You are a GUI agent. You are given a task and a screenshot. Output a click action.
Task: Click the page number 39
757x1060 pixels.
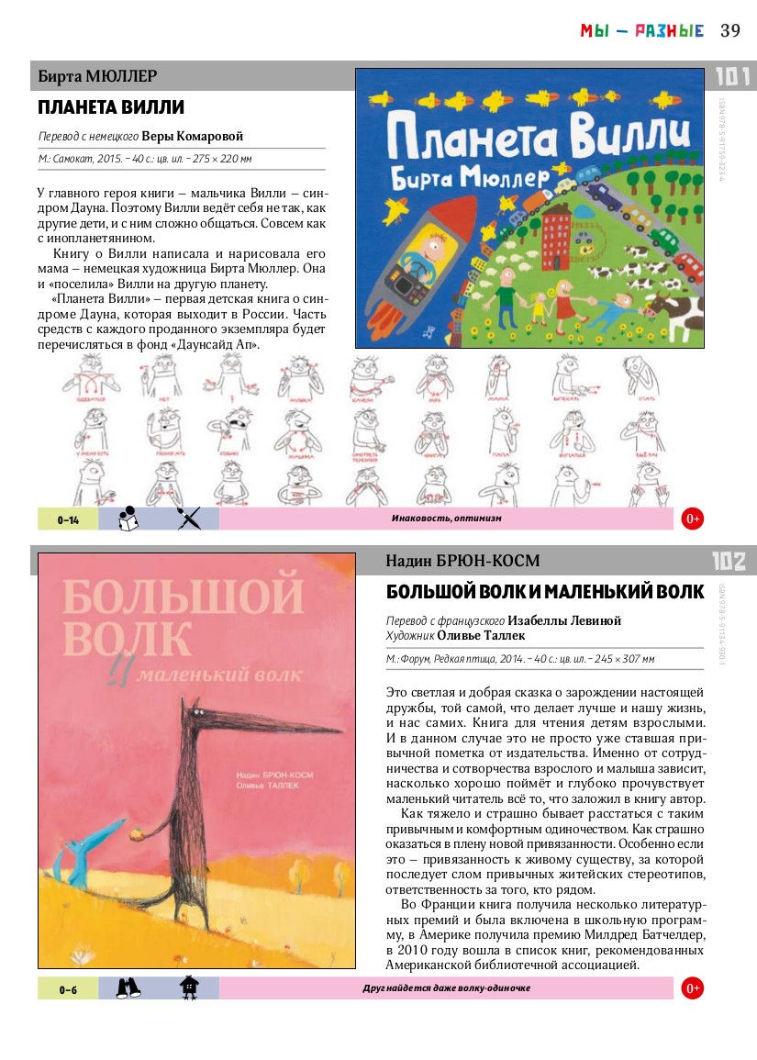click(x=730, y=30)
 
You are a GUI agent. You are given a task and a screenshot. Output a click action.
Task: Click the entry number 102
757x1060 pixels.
click(x=729, y=562)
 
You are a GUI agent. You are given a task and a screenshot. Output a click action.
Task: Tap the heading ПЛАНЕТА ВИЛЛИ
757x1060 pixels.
click(x=111, y=108)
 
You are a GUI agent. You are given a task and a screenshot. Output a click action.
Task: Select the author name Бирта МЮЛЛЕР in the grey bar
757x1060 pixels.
click(x=97, y=75)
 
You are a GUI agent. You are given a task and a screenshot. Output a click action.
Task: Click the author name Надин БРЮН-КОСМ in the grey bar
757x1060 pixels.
click(x=463, y=561)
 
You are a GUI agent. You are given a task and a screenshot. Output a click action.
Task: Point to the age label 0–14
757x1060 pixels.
click(x=68, y=519)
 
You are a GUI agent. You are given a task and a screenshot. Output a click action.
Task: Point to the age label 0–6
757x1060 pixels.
click(x=68, y=988)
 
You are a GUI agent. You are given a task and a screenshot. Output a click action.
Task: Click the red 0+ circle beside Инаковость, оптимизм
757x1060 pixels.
click(x=693, y=519)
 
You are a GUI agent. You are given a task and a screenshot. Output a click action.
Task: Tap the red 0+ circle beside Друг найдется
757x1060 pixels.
click(x=693, y=988)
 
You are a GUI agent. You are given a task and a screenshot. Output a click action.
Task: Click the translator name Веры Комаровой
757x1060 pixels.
click(x=198, y=137)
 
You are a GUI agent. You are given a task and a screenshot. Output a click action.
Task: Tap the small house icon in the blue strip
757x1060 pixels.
click(x=188, y=987)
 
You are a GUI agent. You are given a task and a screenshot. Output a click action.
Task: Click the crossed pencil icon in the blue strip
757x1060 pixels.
click(x=188, y=519)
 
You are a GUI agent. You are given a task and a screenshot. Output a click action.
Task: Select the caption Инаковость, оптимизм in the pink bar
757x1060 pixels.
click(x=446, y=519)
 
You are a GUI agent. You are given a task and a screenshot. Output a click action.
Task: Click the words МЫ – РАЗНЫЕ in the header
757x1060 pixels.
click(x=641, y=31)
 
